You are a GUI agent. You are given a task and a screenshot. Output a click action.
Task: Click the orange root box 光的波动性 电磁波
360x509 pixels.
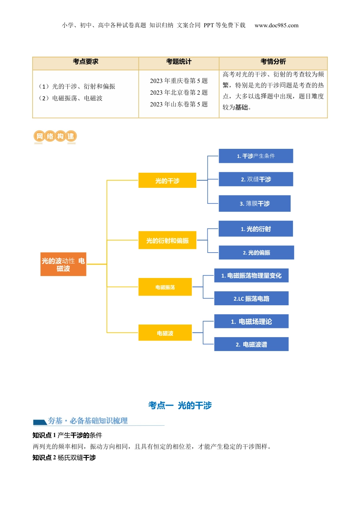[63, 264]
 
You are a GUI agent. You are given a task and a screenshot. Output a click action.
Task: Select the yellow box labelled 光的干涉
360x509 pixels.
[167, 181]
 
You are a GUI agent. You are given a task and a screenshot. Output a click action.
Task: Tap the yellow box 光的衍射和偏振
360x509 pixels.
[167, 240]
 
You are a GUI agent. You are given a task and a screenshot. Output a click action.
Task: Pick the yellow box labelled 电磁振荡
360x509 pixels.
[165, 287]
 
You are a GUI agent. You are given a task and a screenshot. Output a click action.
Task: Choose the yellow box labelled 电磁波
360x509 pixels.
[165, 333]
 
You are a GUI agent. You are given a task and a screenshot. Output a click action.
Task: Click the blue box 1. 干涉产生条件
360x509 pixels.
[256, 156]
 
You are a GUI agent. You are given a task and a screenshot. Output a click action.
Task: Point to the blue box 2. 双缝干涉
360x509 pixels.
[256, 179]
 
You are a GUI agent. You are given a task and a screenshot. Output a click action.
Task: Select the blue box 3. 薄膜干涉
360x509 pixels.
[254, 203]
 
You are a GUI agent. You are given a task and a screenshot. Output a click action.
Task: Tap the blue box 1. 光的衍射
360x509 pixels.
[256, 229]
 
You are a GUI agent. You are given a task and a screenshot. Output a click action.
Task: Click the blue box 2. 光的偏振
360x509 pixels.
[256, 253]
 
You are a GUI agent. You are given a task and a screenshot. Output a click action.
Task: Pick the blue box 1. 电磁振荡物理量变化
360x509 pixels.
[251, 275]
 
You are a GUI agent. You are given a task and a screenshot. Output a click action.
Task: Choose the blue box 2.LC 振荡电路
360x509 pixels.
[251, 298]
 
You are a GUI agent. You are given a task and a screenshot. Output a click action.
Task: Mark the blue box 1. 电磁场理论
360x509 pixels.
[251, 322]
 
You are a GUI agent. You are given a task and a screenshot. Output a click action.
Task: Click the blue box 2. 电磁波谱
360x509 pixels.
[251, 344]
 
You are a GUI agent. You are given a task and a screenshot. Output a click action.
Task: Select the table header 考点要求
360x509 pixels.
[86, 62]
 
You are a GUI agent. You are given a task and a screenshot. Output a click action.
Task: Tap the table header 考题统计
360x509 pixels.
[179, 62]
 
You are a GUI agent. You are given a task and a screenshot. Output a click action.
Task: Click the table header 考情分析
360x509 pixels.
[273, 62]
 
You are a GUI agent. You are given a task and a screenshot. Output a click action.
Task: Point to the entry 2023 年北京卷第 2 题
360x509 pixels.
[179, 92]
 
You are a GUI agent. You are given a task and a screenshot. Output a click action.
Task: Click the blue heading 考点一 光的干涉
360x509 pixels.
[180, 406]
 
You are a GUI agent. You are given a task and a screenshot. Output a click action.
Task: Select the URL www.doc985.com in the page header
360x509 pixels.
[277, 25]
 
